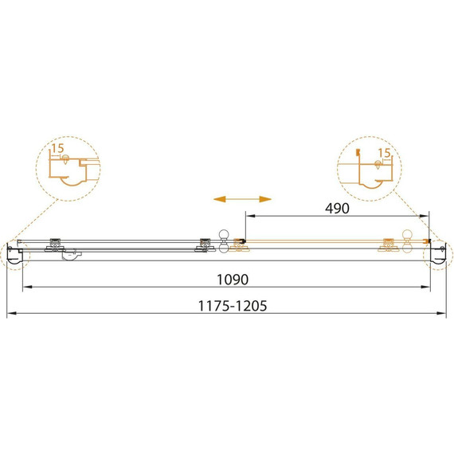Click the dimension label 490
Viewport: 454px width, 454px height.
tap(337, 209)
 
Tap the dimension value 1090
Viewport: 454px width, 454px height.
tap(233, 280)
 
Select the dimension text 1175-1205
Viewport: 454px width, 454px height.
tap(233, 306)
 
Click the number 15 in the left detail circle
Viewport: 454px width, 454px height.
tap(58, 148)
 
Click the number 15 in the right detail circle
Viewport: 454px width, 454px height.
tap(385, 153)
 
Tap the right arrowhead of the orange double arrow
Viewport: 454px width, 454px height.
tap(265, 199)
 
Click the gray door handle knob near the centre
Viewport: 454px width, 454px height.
tap(224, 241)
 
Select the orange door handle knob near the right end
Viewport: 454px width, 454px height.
tap(407, 241)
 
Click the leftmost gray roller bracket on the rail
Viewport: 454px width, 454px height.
tap(55, 245)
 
